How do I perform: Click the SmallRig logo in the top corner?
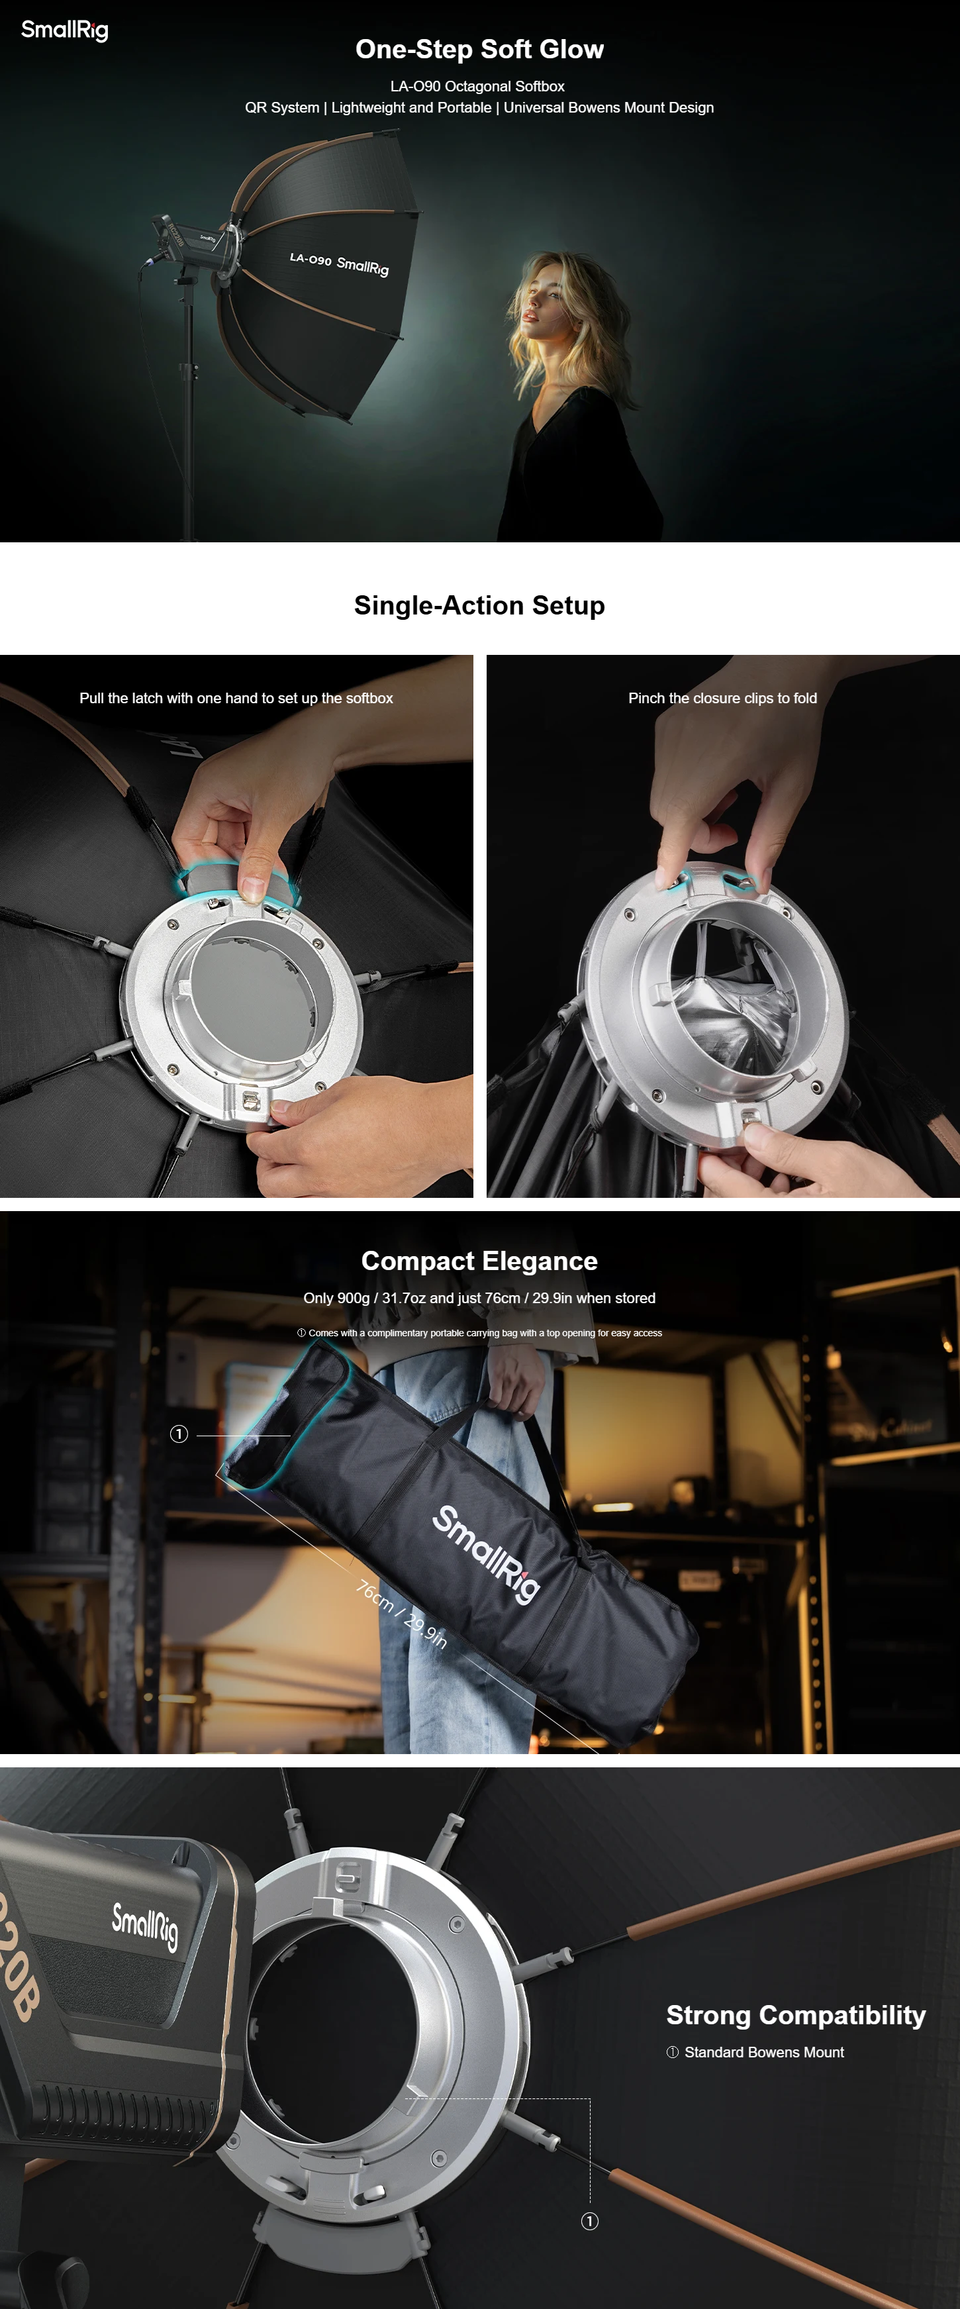click(x=64, y=30)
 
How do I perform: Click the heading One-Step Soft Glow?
click(x=479, y=49)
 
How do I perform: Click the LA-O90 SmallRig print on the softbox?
click(x=339, y=264)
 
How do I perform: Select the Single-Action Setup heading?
click(x=479, y=606)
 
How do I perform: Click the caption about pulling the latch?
click(x=236, y=698)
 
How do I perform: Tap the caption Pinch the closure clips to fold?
click(x=722, y=698)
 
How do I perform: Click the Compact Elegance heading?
click(x=479, y=1261)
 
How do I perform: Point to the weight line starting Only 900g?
click(x=479, y=1298)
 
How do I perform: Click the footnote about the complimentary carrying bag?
click(x=479, y=1333)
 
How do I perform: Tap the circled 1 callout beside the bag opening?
click(x=179, y=1434)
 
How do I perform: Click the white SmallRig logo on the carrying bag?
click(x=487, y=1554)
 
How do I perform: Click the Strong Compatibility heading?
click(x=796, y=2015)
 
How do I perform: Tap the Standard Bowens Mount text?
click(x=764, y=2053)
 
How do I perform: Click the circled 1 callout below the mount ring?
click(x=590, y=2221)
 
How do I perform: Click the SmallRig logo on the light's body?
click(x=145, y=1926)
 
